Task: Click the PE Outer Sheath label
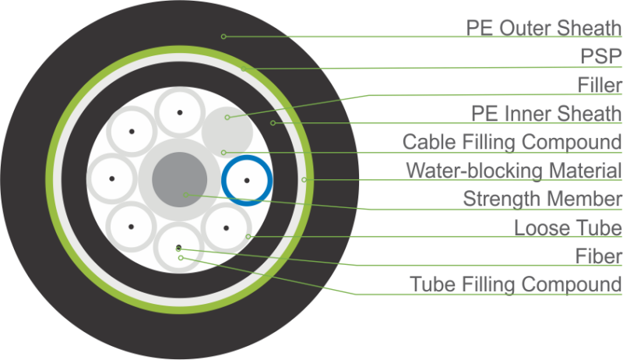click(544, 27)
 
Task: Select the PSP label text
click(600, 56)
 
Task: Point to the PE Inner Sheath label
click(547, 114)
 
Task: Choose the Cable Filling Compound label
click(512, 142)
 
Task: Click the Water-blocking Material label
click(513, 170)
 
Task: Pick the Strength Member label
click(543, 199)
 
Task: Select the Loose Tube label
click(568, 228)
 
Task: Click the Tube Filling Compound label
click(516, 284)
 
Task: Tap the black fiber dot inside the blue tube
click(246, 180)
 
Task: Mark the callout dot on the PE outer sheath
click(224, 36)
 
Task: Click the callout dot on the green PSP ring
click(243, 69)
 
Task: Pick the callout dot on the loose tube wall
click(248, 236)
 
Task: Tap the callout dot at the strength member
click(184, 192)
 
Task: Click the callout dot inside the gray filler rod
click(227, 118)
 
